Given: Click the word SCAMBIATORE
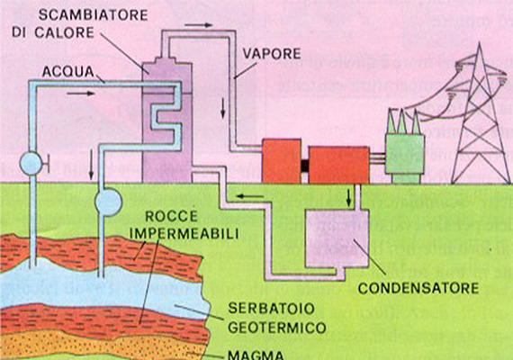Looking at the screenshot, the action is [94, 15].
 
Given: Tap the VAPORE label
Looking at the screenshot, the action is [272, 54].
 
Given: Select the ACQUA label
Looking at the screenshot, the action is [68, 72].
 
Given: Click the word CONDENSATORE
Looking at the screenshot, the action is [418, 288].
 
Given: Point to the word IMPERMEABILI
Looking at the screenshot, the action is [184, 234].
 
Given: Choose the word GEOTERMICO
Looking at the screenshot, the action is [277, 328].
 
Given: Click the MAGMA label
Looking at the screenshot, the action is [256, 355].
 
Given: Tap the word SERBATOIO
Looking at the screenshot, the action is [271, 309].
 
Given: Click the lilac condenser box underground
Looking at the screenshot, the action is [337, 238].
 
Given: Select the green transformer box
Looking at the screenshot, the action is [405, 154].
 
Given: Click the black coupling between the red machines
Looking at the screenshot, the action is [304, 166].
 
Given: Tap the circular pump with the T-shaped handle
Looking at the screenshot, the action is [31, 163].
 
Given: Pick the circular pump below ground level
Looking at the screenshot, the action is [108, 202].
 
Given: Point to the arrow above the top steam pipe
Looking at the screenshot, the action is [198, 25].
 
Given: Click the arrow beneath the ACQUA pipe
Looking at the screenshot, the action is [80, 94].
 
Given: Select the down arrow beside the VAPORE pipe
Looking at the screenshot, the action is [223, 108].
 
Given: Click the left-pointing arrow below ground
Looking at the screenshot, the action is [250, 196].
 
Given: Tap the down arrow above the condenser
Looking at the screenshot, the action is [349, 197].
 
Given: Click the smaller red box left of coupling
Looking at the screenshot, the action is [282, 160].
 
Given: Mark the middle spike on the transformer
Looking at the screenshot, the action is [401, 121].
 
